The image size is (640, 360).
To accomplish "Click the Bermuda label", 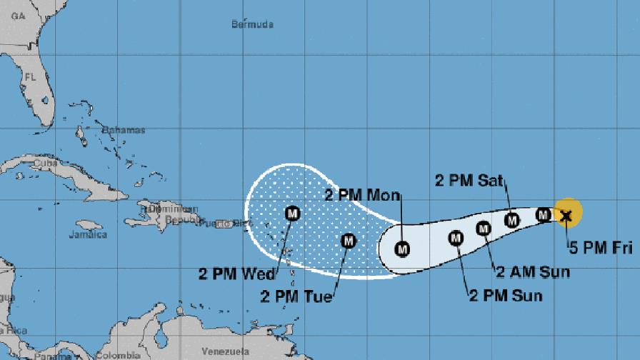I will (253, 25).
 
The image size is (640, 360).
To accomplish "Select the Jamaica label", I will (88, 234).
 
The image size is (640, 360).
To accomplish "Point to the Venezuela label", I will (224, 351).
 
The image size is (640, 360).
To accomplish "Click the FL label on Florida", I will (30, 75).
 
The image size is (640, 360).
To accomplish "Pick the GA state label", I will (9, 24).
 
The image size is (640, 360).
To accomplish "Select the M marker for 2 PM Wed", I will (292, 213).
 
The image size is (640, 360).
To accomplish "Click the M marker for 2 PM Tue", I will (348, 241).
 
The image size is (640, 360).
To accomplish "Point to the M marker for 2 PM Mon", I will (402, 249).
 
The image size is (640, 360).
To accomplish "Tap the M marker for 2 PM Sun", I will (456, 238).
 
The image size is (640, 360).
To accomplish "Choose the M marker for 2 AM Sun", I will (484, 229).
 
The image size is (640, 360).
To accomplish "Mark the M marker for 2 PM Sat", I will (511, 220).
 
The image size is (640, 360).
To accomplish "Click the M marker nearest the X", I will (543, 214).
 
